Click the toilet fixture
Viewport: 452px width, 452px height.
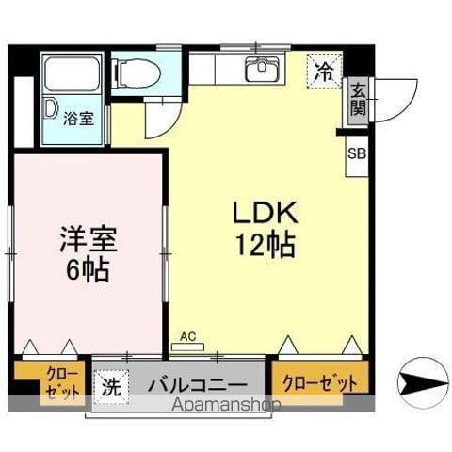(133, 71)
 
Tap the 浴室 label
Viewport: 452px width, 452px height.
(78, 120)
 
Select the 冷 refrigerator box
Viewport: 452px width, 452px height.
(323, 71)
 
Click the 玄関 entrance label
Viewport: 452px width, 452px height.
(359, 98)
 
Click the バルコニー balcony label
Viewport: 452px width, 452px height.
(197, 385)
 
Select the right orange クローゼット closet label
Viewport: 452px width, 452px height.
(320, 382)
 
